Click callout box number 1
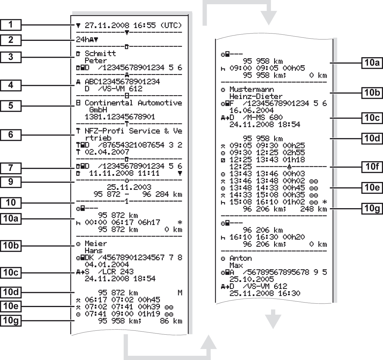coord(11,25)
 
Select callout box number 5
coord(11,106)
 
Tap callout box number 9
coord(11,182)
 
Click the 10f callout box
coord(372,167)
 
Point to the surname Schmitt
coord(100,53)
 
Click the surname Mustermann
coord(252,89)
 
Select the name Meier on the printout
coord(96,243)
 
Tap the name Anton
coord(241,258)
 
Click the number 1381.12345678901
coord(120,117)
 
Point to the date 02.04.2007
coord(107,152)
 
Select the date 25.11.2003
coord(129,187)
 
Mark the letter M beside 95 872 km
coord(180,293)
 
